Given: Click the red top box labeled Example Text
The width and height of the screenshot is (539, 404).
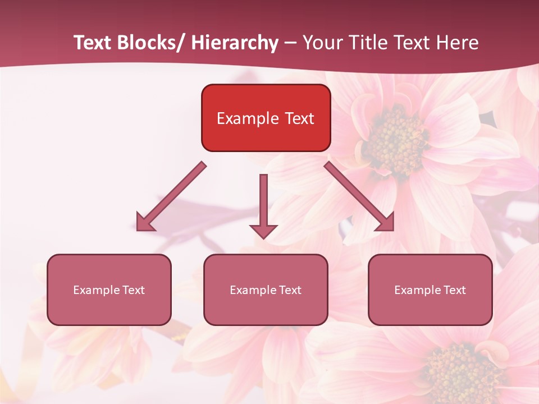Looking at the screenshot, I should click(266, 118).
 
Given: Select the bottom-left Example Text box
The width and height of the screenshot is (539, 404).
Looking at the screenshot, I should click(109, 290).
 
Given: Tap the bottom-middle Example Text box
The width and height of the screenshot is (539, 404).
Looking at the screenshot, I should click(266, 290).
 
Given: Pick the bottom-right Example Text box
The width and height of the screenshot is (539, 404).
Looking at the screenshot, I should click(430, 290).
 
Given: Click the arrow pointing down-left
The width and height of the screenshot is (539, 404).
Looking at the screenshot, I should click(171, 197).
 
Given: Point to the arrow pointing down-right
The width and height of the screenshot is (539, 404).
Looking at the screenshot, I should click(359, 196).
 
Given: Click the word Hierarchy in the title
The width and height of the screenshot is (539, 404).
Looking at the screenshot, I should click(235, 43).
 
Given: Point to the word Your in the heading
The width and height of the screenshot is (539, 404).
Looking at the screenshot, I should click(322, 43).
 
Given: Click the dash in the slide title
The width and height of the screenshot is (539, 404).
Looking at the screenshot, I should click(290, 43).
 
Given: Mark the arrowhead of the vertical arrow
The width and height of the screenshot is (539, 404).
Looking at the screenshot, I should click(263, 231).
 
